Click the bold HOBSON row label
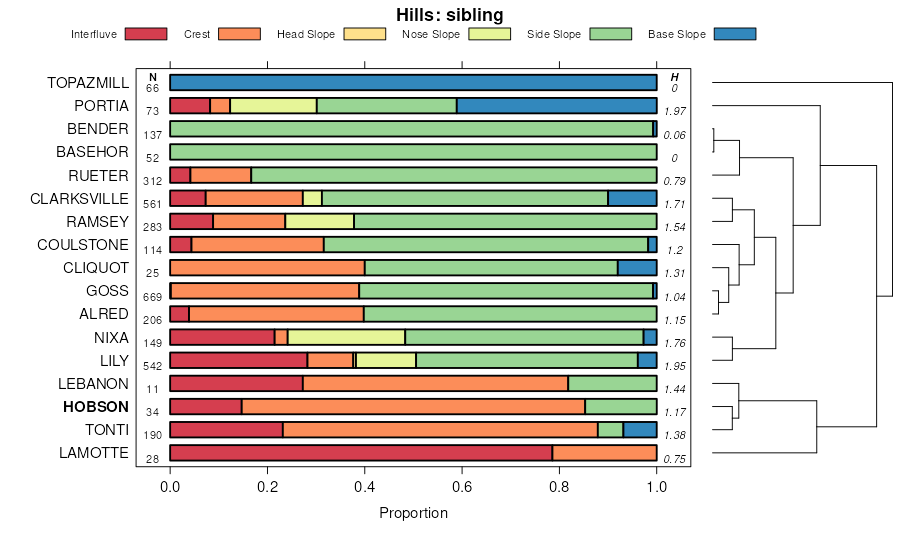click(96, 407)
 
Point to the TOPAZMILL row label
click(88, 83)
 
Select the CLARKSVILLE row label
click(80, 198)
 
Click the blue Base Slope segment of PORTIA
click(556, 106)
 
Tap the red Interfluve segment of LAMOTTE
click(361, 453)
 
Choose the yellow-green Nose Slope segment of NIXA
click(346, 337)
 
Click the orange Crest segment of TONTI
click(440, 430)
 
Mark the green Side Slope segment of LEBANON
click(612, 383)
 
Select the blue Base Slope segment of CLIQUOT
click(637, 268)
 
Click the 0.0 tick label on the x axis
click(170, 488)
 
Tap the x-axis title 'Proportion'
click(413, 513)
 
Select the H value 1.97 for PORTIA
click(675, 111)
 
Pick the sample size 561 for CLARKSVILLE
click(153, 204)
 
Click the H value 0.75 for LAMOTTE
click(675, 458)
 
